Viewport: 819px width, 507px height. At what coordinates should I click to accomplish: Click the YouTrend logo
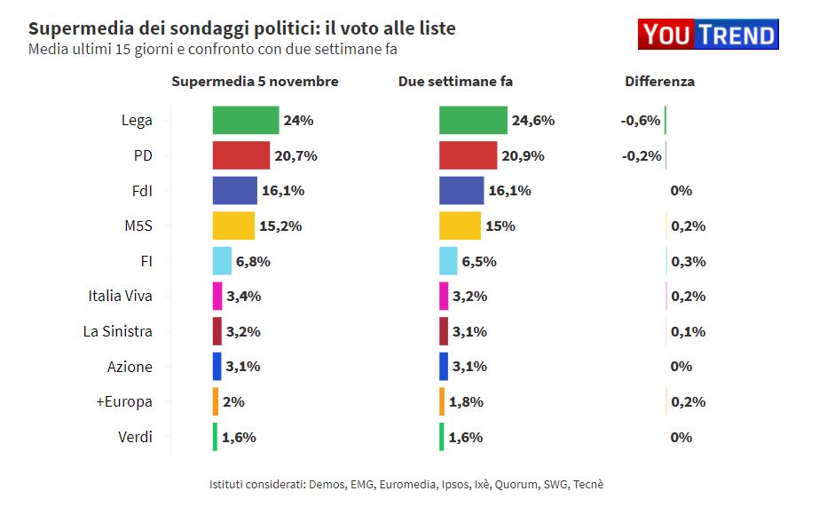point(707,35)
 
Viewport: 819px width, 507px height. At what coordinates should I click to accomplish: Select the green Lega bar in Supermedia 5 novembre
point(245,120)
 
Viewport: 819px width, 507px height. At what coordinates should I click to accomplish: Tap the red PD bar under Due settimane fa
point(468,155)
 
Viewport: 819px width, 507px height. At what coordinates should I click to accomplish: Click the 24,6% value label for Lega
point(532,121)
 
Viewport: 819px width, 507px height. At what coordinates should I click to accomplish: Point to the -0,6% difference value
point(641,121)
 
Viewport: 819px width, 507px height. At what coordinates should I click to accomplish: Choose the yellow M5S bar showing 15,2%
point(233,226)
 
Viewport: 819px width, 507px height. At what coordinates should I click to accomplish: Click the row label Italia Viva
point(121,296)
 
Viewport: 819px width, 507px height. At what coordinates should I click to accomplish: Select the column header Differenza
point(659,82)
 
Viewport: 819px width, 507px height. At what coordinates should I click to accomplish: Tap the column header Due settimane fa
point(455,82)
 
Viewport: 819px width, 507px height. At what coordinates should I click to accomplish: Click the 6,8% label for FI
point(253,261)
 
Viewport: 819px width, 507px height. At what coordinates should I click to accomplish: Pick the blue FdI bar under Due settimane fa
point(461,190)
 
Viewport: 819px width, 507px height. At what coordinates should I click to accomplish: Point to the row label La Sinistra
point(117,331)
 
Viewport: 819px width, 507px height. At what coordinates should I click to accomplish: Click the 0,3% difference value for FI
point(689,261)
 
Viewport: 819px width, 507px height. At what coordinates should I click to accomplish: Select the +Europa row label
point(124,401)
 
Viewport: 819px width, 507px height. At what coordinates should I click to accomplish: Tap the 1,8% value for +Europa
point(466,401)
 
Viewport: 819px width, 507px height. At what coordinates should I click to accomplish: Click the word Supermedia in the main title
point(74,28)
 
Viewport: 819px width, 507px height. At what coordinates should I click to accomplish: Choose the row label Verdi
point(135,437)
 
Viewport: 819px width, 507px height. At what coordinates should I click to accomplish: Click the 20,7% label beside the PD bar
point(295,155)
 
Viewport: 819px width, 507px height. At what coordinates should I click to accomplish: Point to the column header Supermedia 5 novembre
point(255,82)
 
